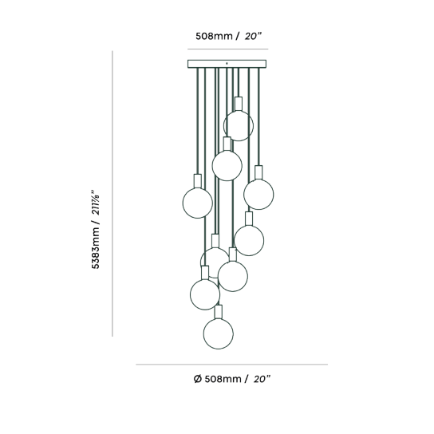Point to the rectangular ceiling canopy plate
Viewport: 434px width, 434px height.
(227, 64)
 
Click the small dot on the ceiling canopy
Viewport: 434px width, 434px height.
(227, 63)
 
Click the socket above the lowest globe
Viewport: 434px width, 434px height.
(219, 312)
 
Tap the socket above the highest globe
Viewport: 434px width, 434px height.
(239, 104)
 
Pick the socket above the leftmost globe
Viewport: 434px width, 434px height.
(198, 181)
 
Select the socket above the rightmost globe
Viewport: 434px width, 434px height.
(258, 172)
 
